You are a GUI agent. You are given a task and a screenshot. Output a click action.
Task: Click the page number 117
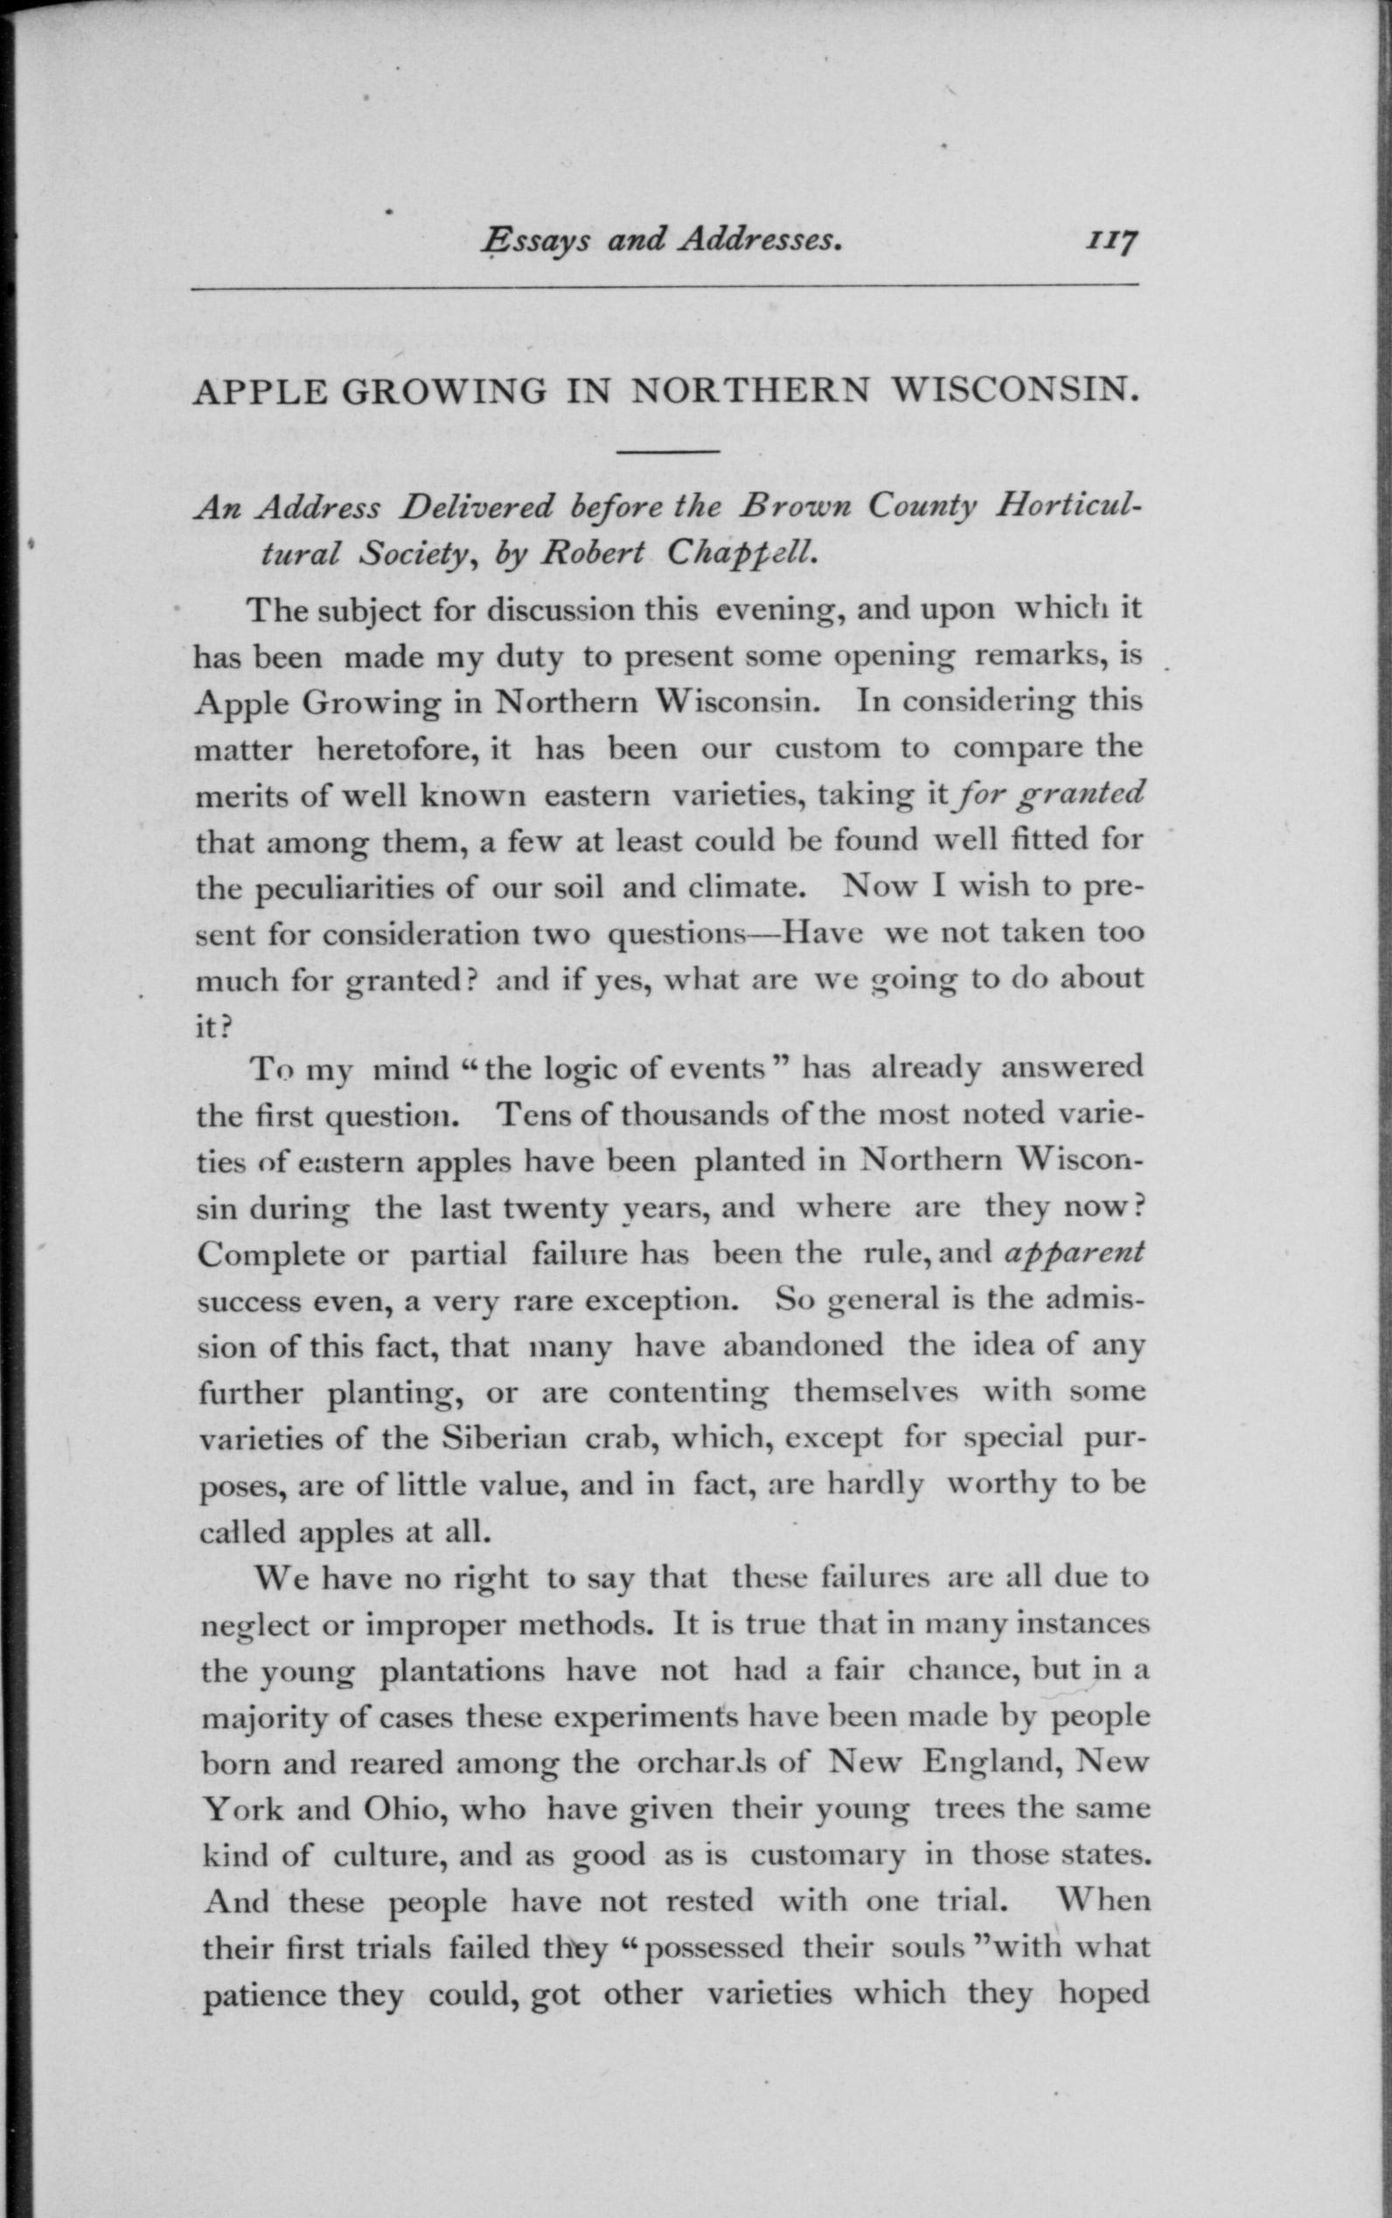(1112, 242)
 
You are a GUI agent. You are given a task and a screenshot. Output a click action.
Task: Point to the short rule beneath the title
(667, 451)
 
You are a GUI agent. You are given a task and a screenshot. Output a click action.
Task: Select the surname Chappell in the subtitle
(741, 553)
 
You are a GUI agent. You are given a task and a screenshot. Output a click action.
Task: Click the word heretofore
(394, 749)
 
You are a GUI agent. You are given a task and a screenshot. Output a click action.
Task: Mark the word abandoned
(804, 1346)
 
